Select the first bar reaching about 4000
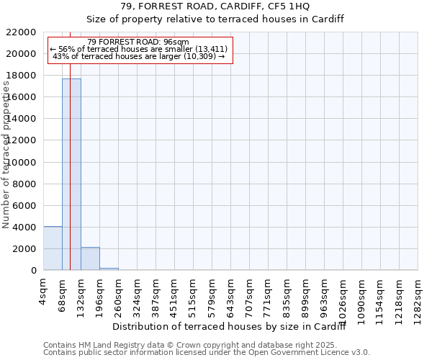pos(53,248)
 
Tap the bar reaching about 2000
pos(90,258)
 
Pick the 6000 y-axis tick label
pos(24,206)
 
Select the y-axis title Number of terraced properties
pos(7,155)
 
